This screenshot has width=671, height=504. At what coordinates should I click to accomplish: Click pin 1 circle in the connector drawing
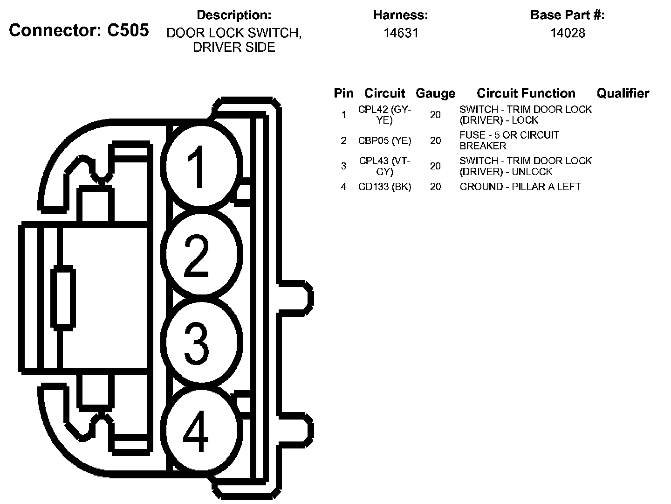point(201,166)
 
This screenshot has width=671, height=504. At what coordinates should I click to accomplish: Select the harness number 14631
point(401,33)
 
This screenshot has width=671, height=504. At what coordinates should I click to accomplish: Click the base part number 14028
point(568,33)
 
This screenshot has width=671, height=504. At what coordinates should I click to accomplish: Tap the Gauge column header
point(435,93)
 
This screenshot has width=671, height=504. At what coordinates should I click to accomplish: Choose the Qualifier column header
point(623,93)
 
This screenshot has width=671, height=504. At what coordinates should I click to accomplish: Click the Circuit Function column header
point(526,93)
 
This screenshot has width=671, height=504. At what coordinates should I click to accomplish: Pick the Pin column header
point(344,93)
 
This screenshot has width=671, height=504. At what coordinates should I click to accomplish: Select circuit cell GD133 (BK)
point(385,187)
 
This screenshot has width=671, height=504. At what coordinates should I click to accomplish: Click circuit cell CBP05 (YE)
point(385,140)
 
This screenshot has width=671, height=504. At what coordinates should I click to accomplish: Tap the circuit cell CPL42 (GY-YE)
point(385,115)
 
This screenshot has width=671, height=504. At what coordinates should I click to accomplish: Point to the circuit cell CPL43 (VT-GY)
point(385,166)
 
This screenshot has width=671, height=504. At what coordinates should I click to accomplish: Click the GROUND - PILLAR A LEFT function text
point(520,187)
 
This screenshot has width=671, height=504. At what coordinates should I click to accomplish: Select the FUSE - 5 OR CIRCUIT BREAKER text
point(509,140)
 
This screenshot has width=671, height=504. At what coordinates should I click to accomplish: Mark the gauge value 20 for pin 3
point(435,166)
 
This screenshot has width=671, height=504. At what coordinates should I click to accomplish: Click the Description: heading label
point(234,15)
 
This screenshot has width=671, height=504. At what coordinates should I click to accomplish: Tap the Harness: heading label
point(401,15)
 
